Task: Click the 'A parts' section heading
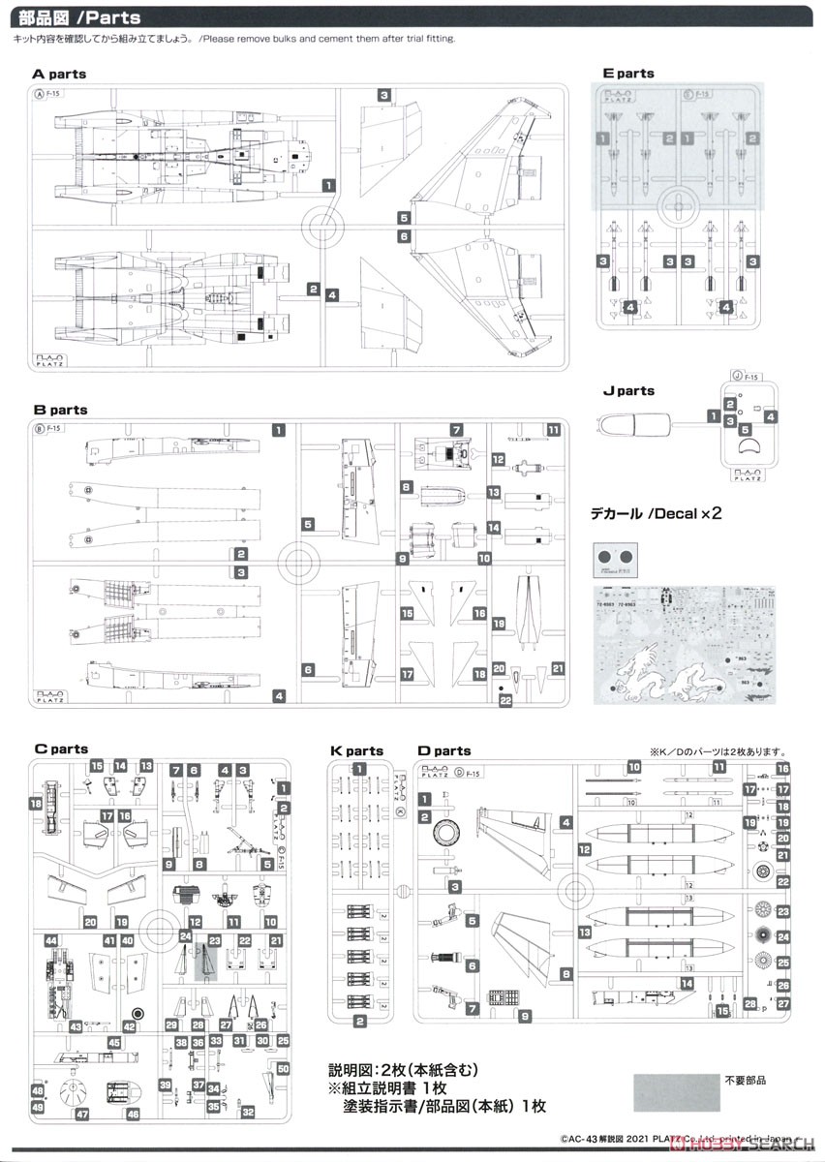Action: (59, 74)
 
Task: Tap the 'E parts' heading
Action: (627, 74)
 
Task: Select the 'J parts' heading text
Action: (627, 391)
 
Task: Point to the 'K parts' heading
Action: (356, 750)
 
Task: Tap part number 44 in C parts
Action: (49, 940)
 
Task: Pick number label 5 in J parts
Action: (744, 427)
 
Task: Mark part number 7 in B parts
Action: (454, 429)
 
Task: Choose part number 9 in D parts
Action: (524, 1016)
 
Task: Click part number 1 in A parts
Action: (329, 184)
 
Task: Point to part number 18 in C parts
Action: (36, 804)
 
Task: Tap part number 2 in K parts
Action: (359, 1022)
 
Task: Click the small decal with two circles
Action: (617, 559)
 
